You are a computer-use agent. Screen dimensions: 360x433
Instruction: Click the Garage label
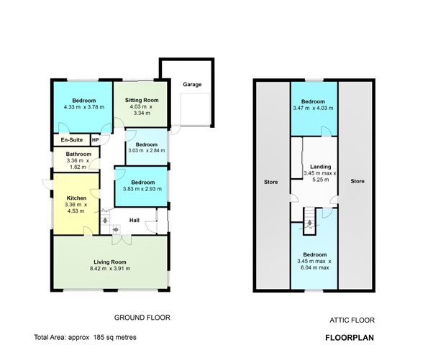coord(191,84)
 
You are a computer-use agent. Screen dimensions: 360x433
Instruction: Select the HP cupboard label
coord(95,139)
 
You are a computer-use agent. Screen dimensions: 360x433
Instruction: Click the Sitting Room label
coord(141,101)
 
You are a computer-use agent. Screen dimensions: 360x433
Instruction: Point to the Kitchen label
coord(77,198)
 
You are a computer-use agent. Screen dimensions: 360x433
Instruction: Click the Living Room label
coord(109,262)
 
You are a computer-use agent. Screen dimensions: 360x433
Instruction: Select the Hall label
coord(135,221)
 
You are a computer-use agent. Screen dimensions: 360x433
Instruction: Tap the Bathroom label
coord(78,154)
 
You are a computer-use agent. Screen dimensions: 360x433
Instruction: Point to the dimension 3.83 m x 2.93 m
coord(141,189)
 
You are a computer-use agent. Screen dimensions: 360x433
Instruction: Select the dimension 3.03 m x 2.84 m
coord(147,151)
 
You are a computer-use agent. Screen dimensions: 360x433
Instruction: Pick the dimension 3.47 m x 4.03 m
coord(313,108)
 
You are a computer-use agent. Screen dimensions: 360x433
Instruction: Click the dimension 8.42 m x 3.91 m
coord(109,269)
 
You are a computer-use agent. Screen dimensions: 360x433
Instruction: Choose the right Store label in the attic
coord(357,181)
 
